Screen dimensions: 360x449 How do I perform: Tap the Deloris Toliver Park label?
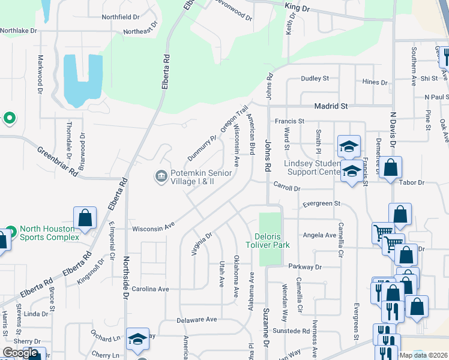pos(268,240)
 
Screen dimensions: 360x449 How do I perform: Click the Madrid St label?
pos(331,106)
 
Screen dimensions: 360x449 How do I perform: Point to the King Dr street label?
pos(297,9)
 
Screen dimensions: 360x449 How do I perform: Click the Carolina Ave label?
pos(151,289)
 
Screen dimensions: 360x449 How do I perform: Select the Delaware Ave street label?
pos(197,320)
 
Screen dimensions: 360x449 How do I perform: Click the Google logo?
pos(20,353)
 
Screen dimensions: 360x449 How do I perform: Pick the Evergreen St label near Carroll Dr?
pos(321,203)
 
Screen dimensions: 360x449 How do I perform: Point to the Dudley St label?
pos(315,79)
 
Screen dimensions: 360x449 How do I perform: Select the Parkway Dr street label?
pos(305,266)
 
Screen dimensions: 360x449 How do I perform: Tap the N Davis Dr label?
pos(393,128)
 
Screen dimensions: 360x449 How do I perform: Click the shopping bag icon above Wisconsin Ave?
pos(85,218)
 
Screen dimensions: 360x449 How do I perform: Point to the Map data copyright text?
pos(424,355)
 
